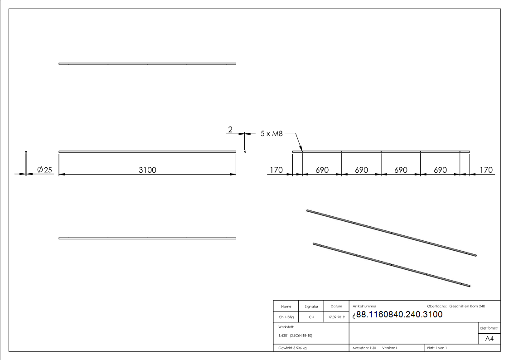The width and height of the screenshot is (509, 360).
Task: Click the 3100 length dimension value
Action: (147, 170)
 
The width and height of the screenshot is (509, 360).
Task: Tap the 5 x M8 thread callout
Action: (272, 134)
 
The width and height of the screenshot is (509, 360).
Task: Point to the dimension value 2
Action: (230, 130)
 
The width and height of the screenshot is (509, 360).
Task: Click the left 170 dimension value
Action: (276, 170)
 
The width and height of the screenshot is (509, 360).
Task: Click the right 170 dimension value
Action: (486, 170)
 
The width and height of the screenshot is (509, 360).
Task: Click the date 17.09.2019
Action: (336, 317)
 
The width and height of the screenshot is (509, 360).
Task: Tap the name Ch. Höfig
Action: (286, 317)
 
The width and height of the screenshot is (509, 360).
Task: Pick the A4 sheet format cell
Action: (490, 339)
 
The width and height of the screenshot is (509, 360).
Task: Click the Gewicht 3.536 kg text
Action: (293, 348)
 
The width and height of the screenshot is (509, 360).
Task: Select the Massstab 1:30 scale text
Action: (364, 348)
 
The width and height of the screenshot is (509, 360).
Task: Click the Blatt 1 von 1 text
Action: (437, 348)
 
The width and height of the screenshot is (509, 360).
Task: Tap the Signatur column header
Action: (311, 306)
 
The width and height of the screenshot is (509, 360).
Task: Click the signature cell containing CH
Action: (311, 317)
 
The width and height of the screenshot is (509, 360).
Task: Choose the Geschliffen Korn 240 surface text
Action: (467, 306)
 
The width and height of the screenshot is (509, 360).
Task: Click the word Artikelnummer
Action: (364, 306)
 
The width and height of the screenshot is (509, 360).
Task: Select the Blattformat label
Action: (490, 328)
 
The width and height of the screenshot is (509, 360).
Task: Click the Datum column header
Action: (336, 306)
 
